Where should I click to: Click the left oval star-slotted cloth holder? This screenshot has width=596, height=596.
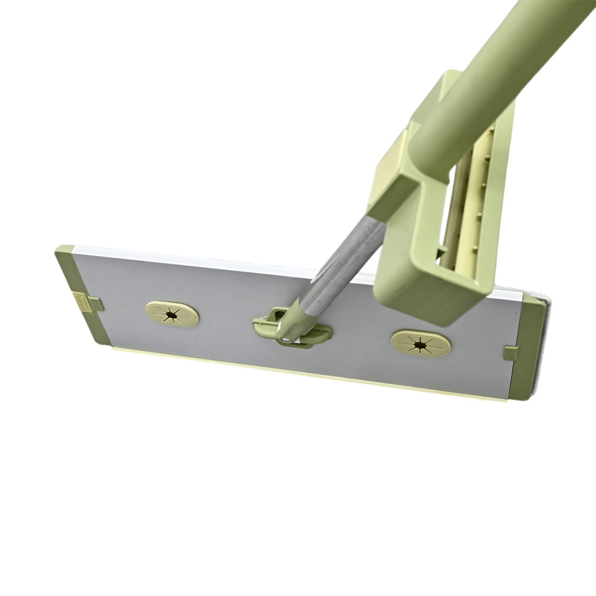pos(172,314)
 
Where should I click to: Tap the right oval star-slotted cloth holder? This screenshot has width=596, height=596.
pos(421,344)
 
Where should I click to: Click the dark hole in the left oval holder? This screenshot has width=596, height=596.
pos(171,315)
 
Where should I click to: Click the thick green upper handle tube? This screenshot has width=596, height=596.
pos(497,77)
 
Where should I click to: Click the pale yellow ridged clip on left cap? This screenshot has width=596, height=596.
pos(83,302)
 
